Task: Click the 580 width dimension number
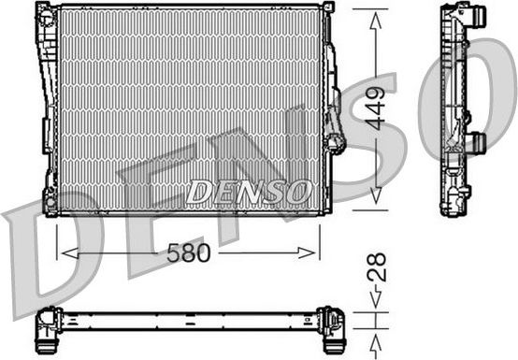tap(188, 253)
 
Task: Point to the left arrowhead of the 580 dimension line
tap(64, 252)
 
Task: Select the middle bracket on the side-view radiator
tap(476, 143)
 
